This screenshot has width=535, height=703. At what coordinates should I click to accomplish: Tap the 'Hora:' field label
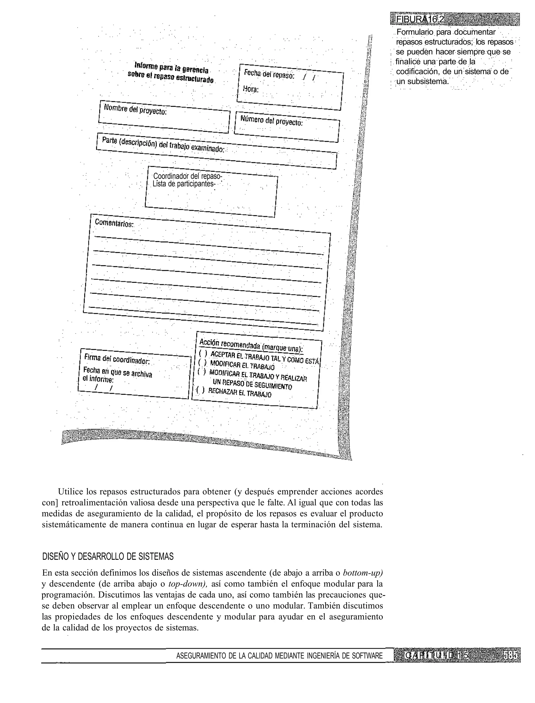tap(251, 89)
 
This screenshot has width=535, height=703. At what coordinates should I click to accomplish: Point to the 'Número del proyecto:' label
tap(271, 121)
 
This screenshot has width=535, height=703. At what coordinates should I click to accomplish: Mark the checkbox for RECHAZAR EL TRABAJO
tap(200, 390)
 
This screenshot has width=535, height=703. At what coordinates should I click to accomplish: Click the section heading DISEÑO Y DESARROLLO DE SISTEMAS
tap(108, 530)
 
